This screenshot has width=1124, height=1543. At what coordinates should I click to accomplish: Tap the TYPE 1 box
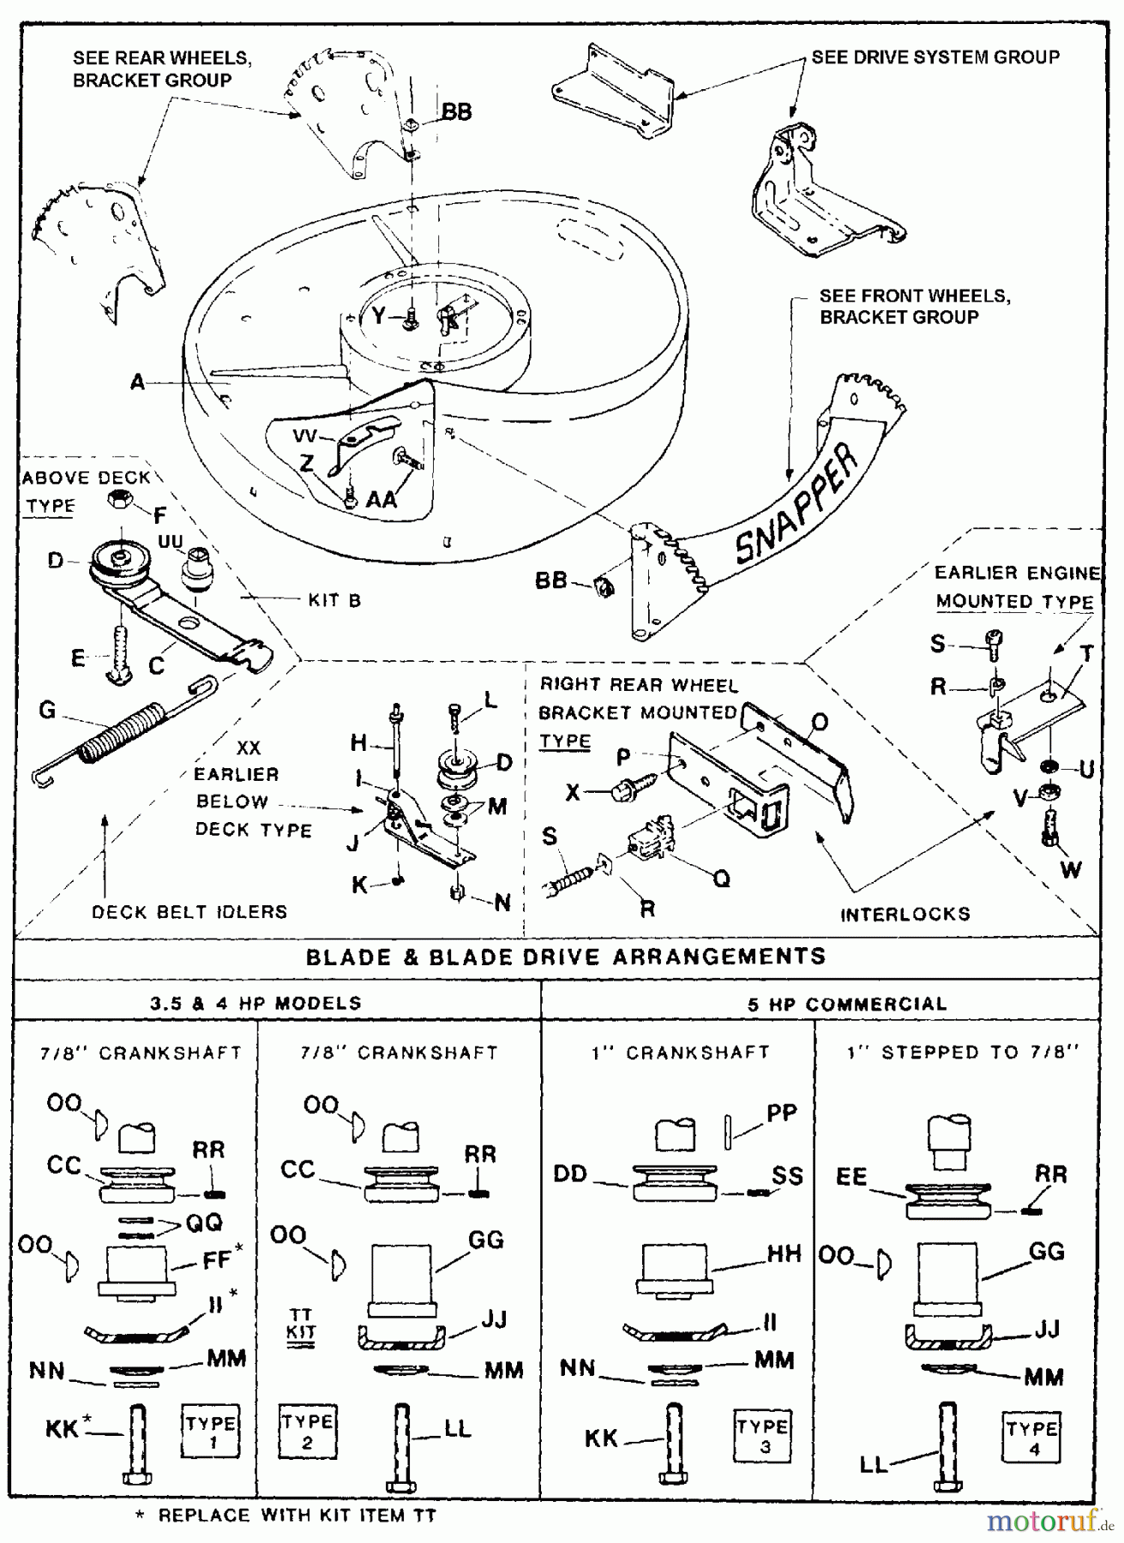click(x=210, y=1432)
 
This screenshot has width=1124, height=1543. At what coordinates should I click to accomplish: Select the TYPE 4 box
click(x=1031, y=1438)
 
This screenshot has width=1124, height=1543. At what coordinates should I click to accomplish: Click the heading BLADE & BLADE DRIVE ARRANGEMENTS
click(x=566, y=957)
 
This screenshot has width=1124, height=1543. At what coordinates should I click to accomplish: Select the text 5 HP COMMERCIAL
click(x=847, y=1004)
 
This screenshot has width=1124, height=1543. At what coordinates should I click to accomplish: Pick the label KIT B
click(x=334, y=600)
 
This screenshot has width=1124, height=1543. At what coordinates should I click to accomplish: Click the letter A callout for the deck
click(x=137, y=383)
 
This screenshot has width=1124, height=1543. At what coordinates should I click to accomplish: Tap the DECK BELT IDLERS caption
click(x=189, y=912)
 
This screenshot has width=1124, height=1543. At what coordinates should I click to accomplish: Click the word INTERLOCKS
click(x=905, y=915)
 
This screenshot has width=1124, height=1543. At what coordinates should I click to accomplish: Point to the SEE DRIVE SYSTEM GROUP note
click(x=935, y=57)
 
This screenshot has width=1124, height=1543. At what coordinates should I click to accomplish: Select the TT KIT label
click(x=301, y=1324)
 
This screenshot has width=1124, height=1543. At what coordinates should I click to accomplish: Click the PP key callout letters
click(x=781, y=1113)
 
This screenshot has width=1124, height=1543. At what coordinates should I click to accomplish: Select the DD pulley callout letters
click(x=570, y=1174)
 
